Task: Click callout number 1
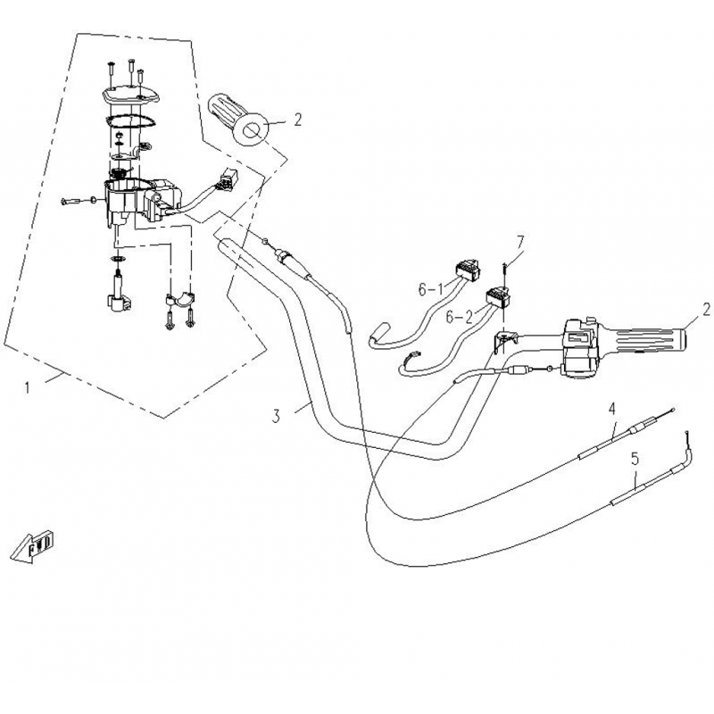coord(28,388)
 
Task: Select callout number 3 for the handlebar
coord(276,416)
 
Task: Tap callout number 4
coord(612,409)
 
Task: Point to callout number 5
coord(635,459)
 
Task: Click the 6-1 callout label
coord(430,289)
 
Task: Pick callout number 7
coord(520,242)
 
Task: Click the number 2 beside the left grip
coord(298,120)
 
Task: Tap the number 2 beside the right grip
coord(706,310)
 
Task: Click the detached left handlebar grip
coord(237,120)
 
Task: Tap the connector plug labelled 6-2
coord(498,296)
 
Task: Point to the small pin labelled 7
coord(505,271)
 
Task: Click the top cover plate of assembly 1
coord(130,96)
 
